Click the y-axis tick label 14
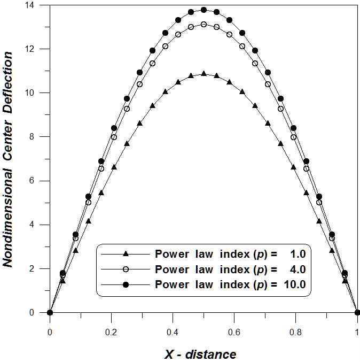coord(38,5)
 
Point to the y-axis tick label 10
coord(38,93)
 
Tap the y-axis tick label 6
coord(40,181)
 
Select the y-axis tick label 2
coord(40,268)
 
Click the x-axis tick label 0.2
coord(111,332)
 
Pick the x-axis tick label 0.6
coord(234,332)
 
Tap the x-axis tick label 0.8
coord(295,332)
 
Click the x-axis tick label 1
coord(357,332)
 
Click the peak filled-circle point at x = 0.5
coord(204,10)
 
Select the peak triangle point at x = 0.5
coord(204,74)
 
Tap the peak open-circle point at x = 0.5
coord(204,24)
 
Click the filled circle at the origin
coord(50,312)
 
